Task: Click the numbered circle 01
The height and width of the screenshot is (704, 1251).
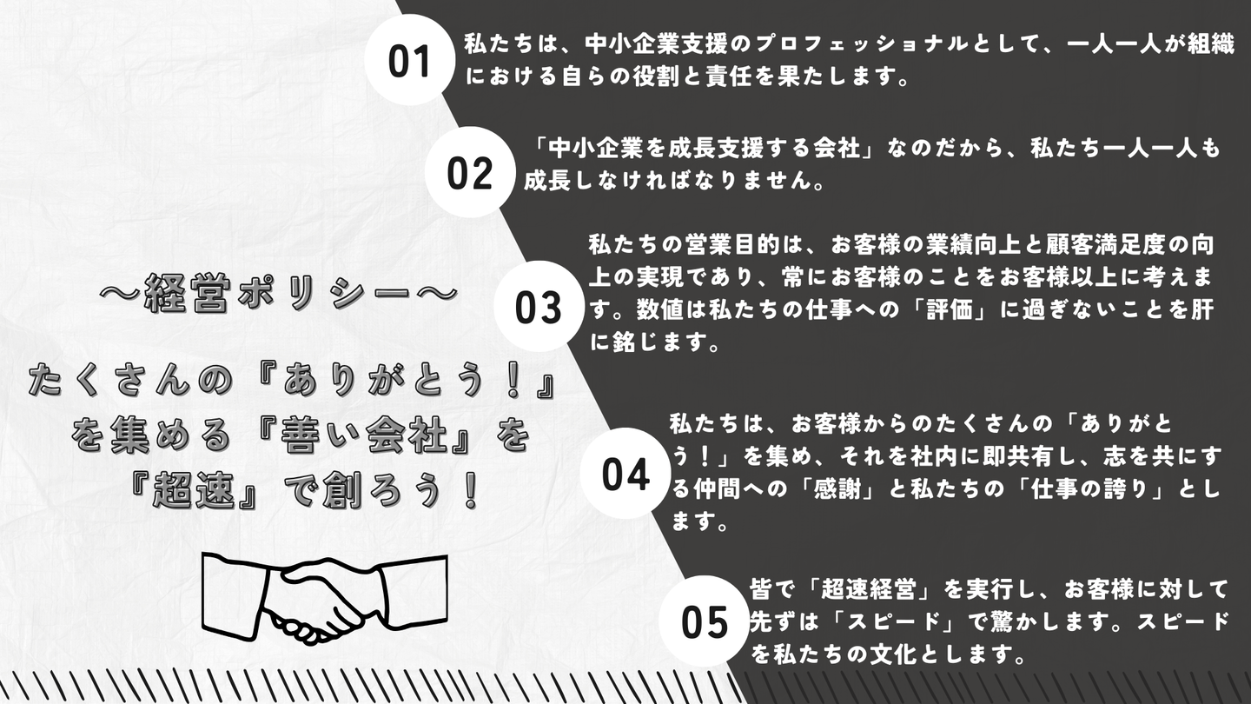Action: click(x=409, y=60)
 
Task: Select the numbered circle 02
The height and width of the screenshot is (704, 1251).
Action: click(x=470, y=172)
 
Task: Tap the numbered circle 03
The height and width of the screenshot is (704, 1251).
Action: click(x=539, y=306)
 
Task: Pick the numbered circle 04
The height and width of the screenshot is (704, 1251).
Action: click(x=625, y=473)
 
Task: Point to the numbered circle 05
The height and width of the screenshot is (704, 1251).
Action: click(x=704, y=621)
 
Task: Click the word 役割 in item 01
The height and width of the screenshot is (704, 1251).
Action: click(x=661, y=77)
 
